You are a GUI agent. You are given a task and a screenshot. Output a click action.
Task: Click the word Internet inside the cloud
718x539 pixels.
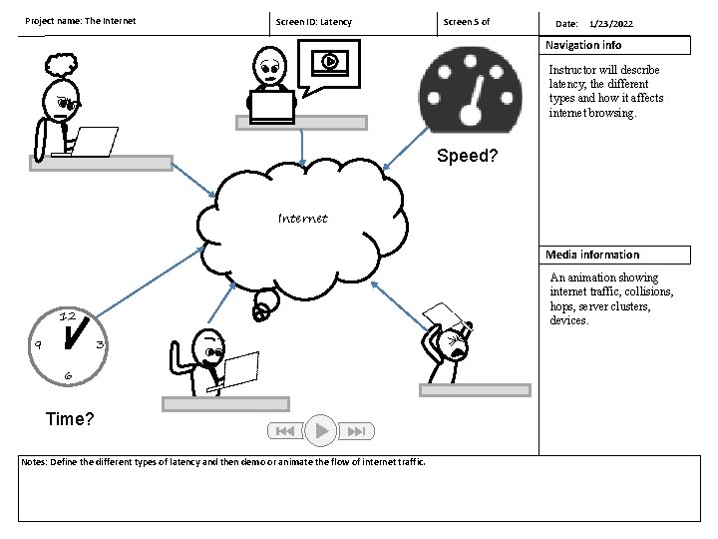[x=303, y=217]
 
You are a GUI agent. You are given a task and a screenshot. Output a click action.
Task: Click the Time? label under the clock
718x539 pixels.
[x=71, y=419]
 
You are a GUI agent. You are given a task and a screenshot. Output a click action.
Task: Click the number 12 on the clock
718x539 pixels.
[x=68, y=316]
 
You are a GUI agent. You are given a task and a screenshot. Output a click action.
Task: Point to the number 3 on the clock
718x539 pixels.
[x=99, y=344]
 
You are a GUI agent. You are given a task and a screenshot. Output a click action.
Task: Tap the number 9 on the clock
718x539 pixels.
[x=37, y=344]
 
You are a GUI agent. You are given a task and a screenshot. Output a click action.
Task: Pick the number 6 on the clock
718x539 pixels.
[x=67, y=375]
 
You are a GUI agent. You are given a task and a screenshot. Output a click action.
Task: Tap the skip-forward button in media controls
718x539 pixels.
[x=358, y=431]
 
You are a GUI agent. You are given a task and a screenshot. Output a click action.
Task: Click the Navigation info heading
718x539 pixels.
[x=583, y=45]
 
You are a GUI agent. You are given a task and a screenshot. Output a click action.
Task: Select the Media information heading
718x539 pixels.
[x=592, y=255]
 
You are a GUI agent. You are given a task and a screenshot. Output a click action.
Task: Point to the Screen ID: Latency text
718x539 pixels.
[x=313, y=22]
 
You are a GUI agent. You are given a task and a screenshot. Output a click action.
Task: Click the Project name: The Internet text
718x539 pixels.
[x=80, y=21]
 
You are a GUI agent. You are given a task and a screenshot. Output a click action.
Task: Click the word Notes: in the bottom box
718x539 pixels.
[x=35, y=462]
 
